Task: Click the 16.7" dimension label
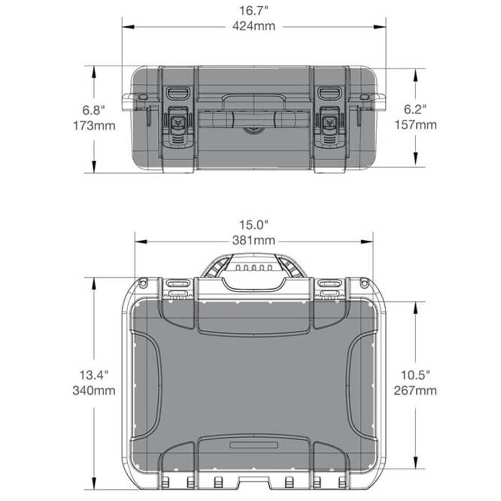point(253,11)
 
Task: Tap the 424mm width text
point(254,26)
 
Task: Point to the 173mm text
point(94,126)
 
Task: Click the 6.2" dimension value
point(415,109)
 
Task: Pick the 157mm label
point(415,125)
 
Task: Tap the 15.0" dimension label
point(253,225)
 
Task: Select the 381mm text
point(254,240)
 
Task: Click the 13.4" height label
point(94,375)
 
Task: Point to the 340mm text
point(94,390)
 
